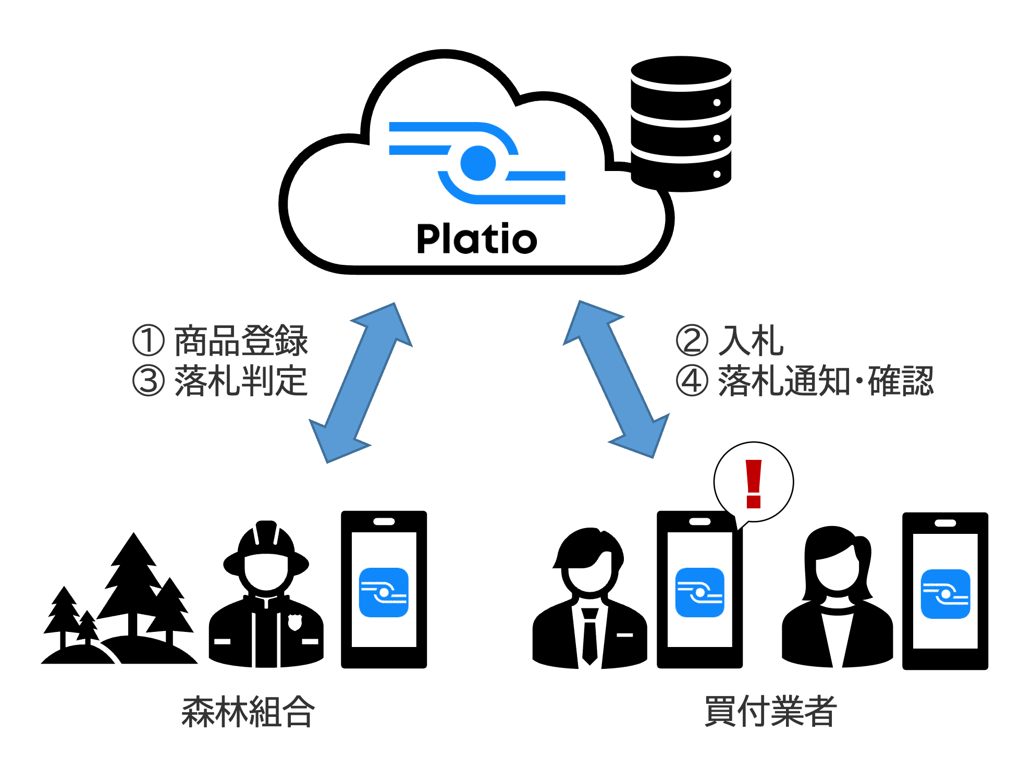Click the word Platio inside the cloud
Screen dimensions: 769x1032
pyautogui.click(x=476, y=239)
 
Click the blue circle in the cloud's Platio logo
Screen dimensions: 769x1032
pyautogui.click(x=477, y=163)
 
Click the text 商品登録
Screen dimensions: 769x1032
pyautogui.click(x=241, y=340)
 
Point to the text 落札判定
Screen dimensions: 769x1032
pyautogui.click(x=241, y=381)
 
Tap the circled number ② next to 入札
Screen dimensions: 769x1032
pyautogui.click(x=692, y=340)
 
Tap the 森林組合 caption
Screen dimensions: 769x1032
pyautogui.click(x=248, y=712)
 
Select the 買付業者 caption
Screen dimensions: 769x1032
pyautogui.click(x=770, y=712)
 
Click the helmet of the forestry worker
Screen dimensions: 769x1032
pyautogui.click(x=266, y=542)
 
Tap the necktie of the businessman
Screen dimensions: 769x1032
pyautogui.click(x=589, y=636)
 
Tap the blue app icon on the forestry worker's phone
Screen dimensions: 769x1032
pyautogui.click(x=384, y=592)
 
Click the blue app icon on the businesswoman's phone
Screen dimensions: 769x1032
pyautogui.click(x=945, y=594)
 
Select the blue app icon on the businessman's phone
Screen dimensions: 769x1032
pyautogui.click(x=699, y=592)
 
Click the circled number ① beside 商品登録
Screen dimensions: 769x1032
pyautogui.click(x=149, y=340)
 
